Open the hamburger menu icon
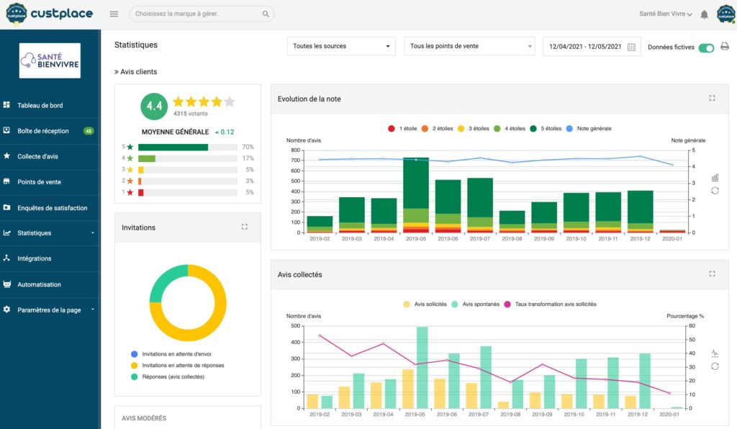point(114,14)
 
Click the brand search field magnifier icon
point(266,14)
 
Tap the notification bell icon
point(704,14)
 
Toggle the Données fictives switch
point(706,48)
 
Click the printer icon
point(725,47)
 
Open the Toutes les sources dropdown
point(341,46)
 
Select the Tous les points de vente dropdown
point(469,46)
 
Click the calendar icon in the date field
point(631,47)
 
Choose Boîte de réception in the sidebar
point(43,131)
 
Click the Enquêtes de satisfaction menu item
point(52,208)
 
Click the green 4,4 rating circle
point(154,106)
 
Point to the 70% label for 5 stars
point(248,147)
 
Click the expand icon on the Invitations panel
point(245,227)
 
